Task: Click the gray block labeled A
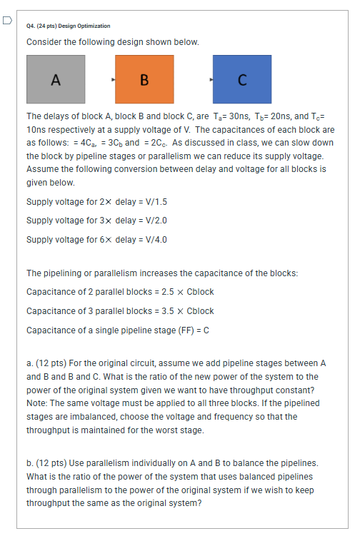coord(56,79)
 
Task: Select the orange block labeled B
coord(144,79)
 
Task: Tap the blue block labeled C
coord(242,79)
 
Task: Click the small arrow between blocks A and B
coord(113,79)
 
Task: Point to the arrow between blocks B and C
coord(209,79)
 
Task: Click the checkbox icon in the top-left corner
coord(6,20)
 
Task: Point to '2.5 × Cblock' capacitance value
coord(190,292)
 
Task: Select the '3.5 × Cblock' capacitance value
coord(190,311)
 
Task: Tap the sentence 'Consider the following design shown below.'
coord(112,42)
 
